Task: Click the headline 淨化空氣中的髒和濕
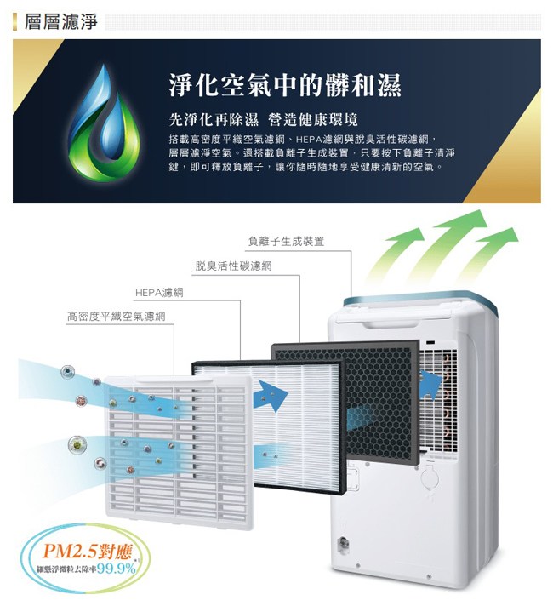(x=284, y=86)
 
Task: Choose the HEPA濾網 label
(x=160, y=292)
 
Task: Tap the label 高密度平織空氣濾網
(x=116, y=317)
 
